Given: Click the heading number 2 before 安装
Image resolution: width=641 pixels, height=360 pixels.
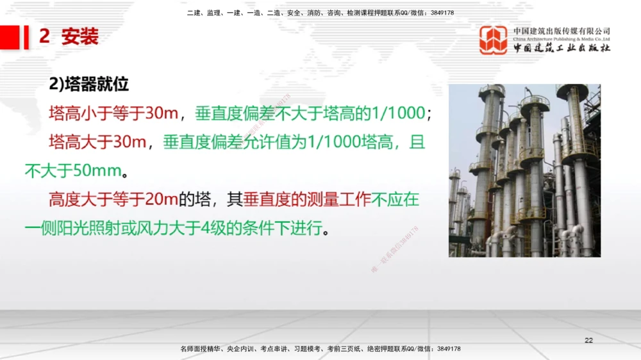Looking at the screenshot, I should [x=44, y=37].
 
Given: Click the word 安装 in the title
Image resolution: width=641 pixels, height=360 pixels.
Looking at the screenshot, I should [x=80, y=37].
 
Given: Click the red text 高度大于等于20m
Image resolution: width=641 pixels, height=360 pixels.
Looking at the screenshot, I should [x=113, y=200].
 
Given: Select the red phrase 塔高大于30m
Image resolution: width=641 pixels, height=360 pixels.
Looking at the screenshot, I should [x=97, y=142].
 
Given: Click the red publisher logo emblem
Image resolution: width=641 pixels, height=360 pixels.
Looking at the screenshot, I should [x=493, y=40].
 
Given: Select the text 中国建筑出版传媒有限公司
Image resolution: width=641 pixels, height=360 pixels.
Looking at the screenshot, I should [x=562, y=31].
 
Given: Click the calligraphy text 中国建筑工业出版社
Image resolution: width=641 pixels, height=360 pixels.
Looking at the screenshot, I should [x=562, y=48].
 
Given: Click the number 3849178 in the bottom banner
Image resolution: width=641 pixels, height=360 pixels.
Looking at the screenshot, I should [x=447, y=349].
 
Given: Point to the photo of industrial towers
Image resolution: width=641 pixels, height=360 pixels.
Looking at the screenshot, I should [x=524, y=170].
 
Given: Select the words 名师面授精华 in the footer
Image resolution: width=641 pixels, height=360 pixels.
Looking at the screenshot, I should [x=201, y=349].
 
